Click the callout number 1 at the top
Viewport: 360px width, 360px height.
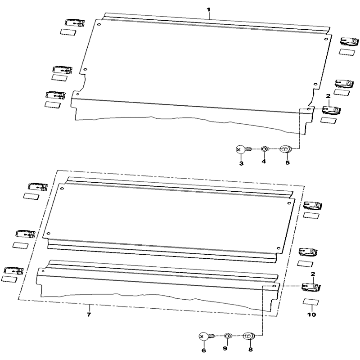(x=208, y=9)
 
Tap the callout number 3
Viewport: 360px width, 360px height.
(x=241, y=163)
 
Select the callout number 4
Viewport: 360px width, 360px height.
(x=264, y=162)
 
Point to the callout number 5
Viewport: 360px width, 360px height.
(x=288, y=163)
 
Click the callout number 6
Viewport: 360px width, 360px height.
(x=204, y=351)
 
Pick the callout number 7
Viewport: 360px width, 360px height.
(x=89, y=314)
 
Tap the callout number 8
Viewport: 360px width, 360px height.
(x=251, y=350)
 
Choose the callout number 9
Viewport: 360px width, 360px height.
(x=225, y=348)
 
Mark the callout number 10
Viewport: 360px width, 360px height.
(x=312, y=315)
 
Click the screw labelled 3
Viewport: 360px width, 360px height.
(x=243, y=150)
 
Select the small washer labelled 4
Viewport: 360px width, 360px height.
(x=264, y=149)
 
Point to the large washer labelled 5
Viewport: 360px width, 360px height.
(x=285, y=149)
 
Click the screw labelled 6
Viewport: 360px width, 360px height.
(x=207, y=337)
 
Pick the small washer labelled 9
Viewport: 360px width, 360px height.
(x=227, y=336)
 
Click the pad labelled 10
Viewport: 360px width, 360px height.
(x=311, y=302)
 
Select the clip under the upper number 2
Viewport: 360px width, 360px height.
(x=331, y=110)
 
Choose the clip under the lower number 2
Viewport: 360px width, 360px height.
(x=311, y=287)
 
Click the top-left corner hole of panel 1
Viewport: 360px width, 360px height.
(x=99, y=25)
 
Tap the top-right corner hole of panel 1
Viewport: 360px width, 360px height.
(x=325, y=39)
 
